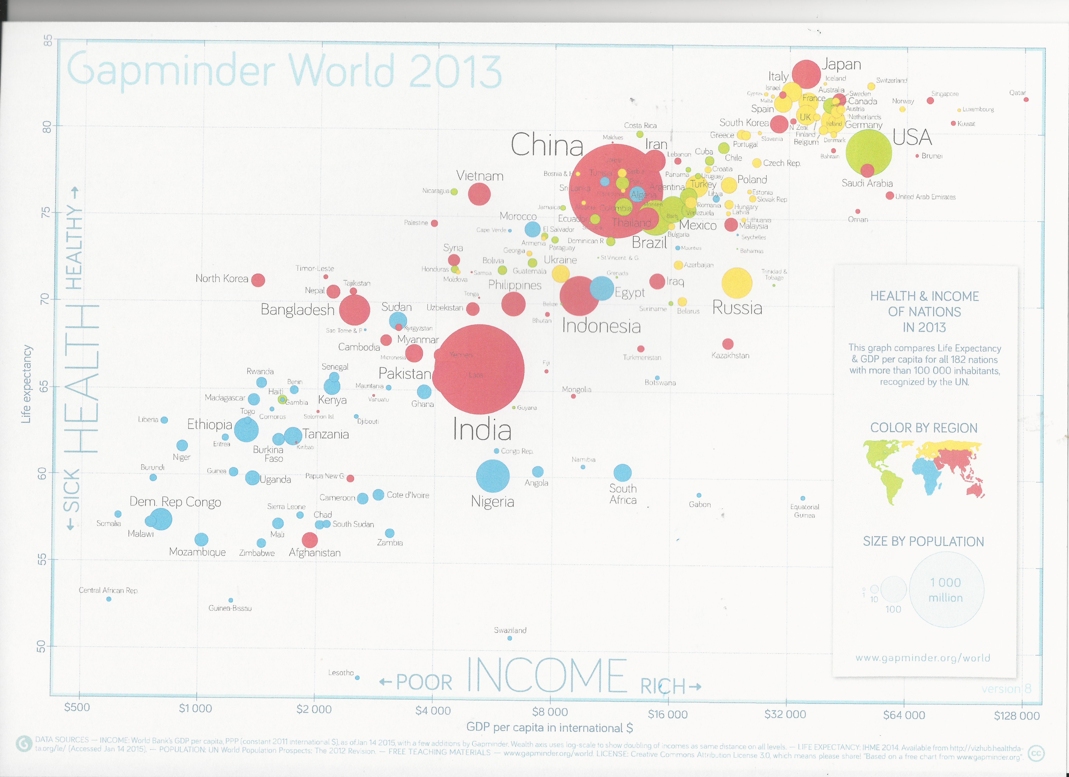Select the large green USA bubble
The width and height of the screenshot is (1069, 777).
tap(869, 152)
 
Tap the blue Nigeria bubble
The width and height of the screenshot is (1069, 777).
tap(493, 476)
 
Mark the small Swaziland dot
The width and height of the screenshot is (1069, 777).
tap(510, 638)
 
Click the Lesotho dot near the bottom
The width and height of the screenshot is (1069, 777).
tap(357, 678)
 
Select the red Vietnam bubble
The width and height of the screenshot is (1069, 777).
tap(479, 194)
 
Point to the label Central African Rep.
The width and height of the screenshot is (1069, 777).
tap(108, 590)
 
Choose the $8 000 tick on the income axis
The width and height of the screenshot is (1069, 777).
tap(550, 711)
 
